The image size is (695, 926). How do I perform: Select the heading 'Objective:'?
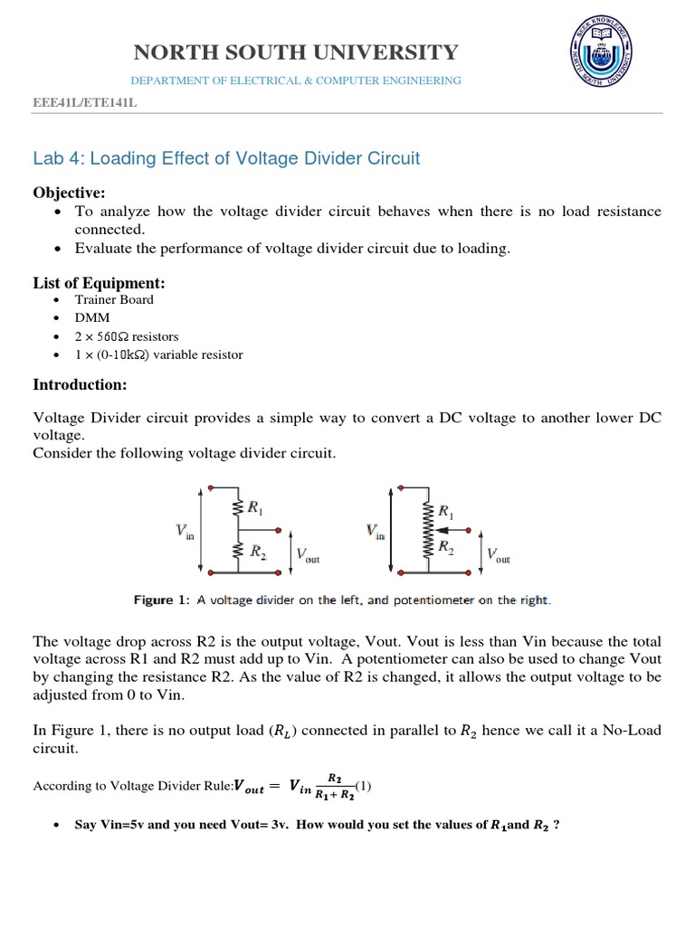tap(70, 193)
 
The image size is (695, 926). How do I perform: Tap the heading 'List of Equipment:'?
tap(100, 283)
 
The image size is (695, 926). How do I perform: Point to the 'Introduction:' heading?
tap(80, 384)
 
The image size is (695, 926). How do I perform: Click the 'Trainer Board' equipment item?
tap(114, 299)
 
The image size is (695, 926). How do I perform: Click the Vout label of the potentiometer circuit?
tap(498, 554)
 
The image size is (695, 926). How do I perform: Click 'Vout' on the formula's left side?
tap(249, 787)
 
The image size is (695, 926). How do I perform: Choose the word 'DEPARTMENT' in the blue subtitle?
tap(169, 80)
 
